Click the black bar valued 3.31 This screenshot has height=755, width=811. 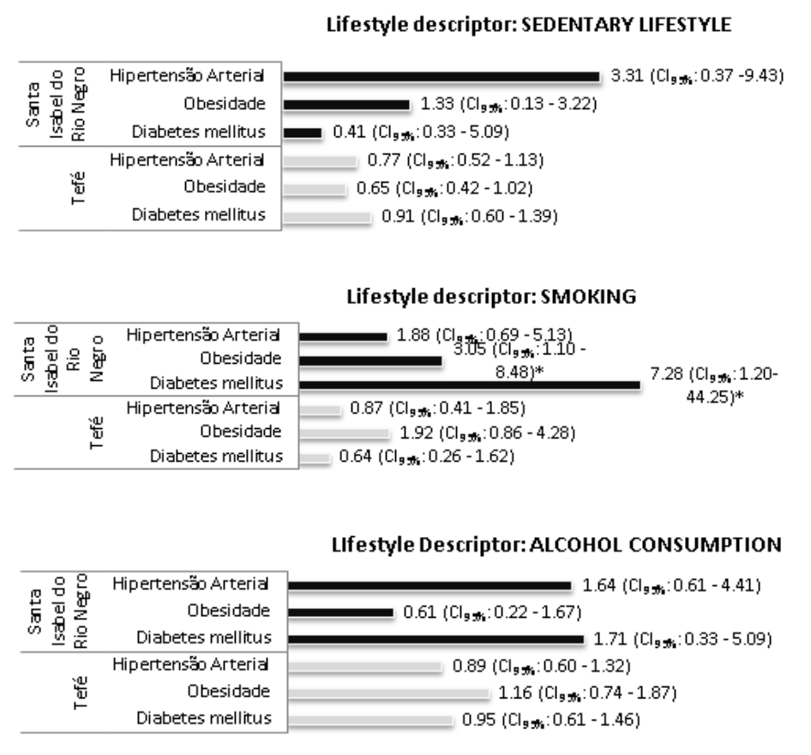[x=442, y=77]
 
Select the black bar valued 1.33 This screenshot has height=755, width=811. [x=346, y=105]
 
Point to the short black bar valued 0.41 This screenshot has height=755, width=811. [x=302, y=133]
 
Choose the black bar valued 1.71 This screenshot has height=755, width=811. [x=436, y=639]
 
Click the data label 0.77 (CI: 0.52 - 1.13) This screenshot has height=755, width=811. [x=456, y=159]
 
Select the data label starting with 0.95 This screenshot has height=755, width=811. [x=550, y=718]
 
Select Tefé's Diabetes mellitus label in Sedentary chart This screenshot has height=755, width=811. [x=198, y=214]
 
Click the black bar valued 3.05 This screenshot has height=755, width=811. [x=363, y=360]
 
